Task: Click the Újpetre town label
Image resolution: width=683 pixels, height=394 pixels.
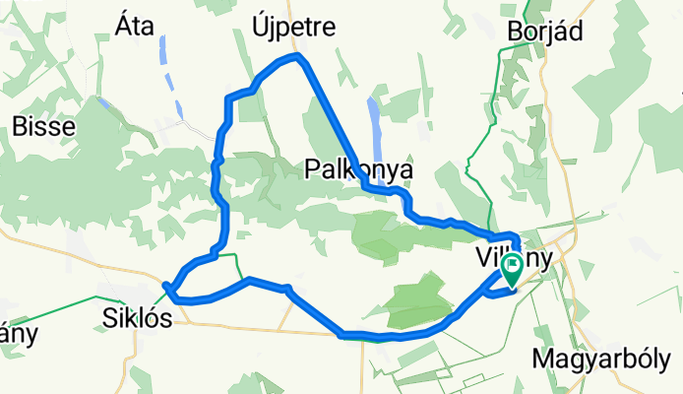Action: [294, 26]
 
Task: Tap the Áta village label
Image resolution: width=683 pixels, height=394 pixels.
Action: [135, 26]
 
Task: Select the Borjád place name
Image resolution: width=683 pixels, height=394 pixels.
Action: [545, 32]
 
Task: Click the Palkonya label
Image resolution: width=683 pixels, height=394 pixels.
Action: [357, 170]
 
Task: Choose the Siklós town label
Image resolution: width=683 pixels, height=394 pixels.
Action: [138, 318]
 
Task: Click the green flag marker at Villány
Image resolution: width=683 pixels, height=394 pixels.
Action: [513, 268]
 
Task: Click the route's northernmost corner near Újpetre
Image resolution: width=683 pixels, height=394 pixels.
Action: [298, 59]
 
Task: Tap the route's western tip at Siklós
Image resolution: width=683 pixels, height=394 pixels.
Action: [168, 288]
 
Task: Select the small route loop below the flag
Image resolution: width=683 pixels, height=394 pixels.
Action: [498, 287]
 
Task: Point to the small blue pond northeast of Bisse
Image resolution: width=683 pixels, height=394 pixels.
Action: [103, 101]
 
